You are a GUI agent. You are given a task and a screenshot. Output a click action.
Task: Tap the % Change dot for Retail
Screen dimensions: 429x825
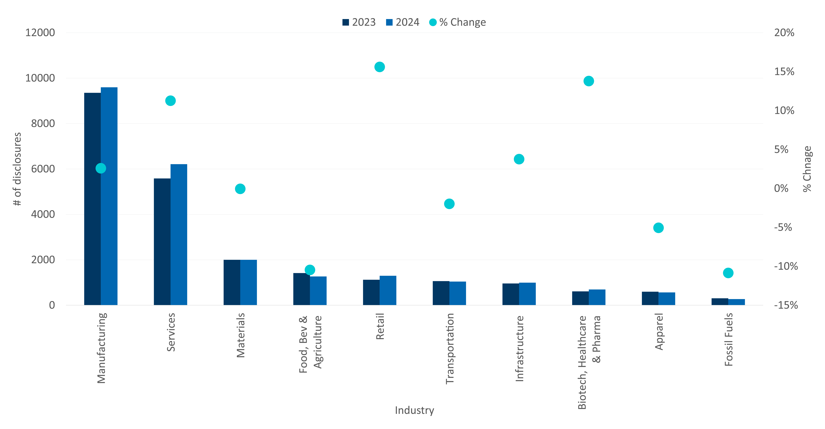[380, 67]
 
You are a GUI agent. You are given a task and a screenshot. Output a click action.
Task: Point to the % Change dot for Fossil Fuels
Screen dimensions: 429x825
[728, 273]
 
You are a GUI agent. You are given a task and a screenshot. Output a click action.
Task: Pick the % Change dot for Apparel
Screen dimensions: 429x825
[658, 228]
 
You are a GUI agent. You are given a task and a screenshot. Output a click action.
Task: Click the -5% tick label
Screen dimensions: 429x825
[783, 228]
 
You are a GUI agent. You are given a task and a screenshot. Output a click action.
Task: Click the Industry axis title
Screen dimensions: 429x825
[414, 410]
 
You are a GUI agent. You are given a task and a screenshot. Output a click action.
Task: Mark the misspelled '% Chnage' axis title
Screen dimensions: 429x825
[807, 169]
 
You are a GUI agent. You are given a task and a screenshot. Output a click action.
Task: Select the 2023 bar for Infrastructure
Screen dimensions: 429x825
[510, 294]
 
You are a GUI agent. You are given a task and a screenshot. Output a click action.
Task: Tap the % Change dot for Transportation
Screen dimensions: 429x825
[449, 204]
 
